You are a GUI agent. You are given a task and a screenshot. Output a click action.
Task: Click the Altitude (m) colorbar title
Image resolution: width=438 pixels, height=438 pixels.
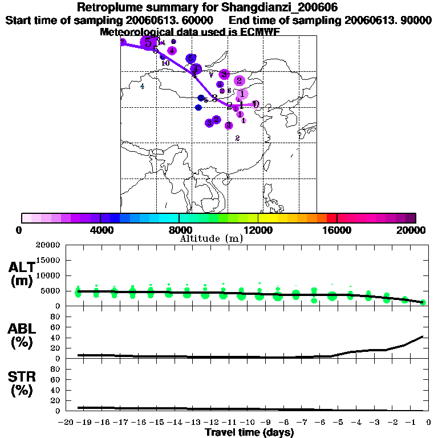tap(211, 238)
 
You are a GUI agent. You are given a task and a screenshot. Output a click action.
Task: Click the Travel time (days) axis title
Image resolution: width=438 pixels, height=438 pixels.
tap(249, 433)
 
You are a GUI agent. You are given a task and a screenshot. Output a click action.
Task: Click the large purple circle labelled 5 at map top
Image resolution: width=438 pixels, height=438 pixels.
tap(149, 42)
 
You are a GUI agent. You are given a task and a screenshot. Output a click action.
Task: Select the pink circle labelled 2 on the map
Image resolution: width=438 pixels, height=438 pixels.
tap(240, 81)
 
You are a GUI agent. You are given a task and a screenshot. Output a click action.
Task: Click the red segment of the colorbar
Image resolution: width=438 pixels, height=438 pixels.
tap(331, 218)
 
